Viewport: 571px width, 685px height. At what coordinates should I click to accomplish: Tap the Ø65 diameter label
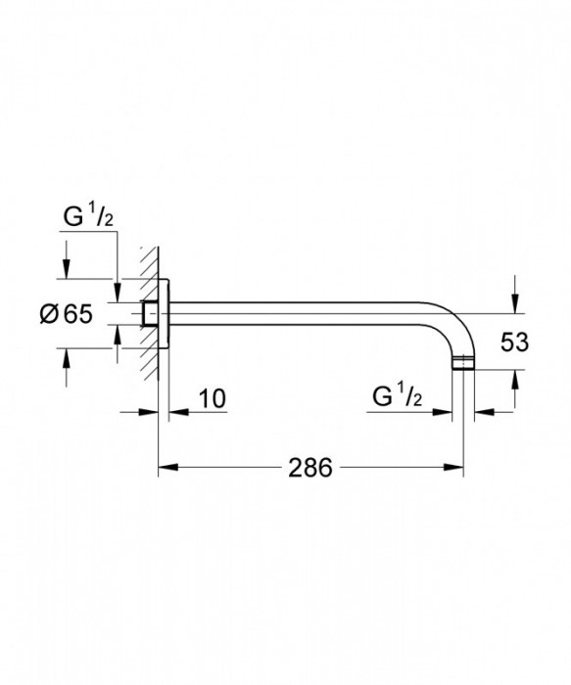pos(65,315)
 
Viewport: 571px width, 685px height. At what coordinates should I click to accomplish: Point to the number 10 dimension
pos(212,398)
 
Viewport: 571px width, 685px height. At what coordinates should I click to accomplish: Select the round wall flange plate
pos(165,313)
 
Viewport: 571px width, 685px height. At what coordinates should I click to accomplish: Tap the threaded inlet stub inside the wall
pos(149,313)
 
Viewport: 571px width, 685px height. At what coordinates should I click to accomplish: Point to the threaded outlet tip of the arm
pos(463,367)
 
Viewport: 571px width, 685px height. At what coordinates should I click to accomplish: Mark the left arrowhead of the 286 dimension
pos(166,469)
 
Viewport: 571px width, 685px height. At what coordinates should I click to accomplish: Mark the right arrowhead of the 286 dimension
pos(456,469)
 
